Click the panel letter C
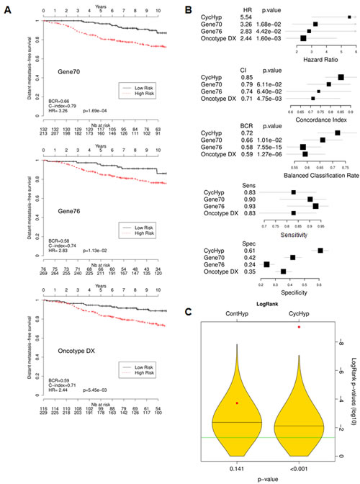pyautogui.click(x=189, y=312)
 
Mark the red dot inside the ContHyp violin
pyautogui.click(x=237, y=403)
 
